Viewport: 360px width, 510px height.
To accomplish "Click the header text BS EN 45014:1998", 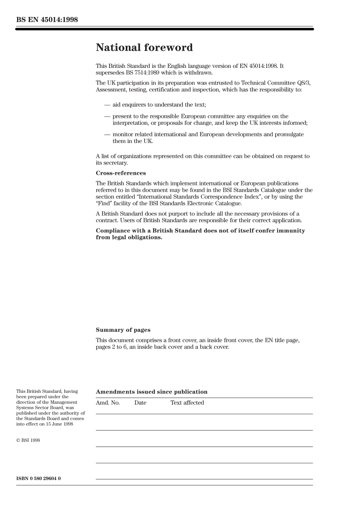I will (x=47, y=20).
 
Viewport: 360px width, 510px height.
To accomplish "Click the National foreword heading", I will (x=144, y=47).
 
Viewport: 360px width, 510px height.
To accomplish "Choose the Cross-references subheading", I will (x=121, y=173).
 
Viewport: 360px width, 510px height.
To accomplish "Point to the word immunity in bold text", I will (x=289, y=231).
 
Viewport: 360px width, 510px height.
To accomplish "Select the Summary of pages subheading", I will (x=123, y=330).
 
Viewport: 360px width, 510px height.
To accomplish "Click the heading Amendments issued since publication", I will (x=152, y=392).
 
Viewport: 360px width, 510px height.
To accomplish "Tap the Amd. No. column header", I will (x=108, y=403).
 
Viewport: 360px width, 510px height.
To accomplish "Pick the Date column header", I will (x=140, y=403).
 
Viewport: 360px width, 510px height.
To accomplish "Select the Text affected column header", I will (x=187, y=403).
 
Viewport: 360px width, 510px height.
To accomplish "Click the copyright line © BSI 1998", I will (x=28, y=440).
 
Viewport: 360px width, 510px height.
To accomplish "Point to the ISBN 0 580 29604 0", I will (x=38, y=478).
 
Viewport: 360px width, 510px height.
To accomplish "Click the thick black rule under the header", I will (x=164, y=29).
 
